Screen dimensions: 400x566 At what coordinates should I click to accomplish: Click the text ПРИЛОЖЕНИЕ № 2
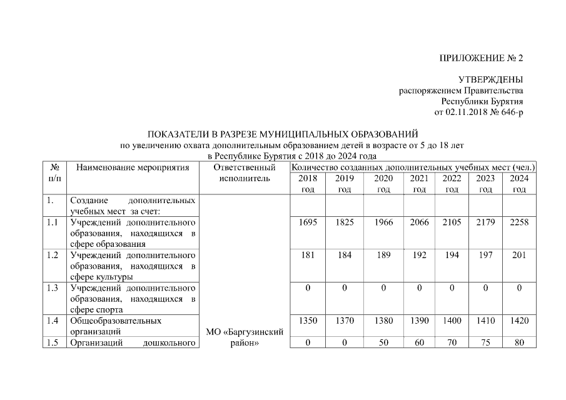482,58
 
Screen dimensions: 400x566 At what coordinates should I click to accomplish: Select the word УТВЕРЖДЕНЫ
490,79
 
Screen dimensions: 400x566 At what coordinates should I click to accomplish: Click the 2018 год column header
308,184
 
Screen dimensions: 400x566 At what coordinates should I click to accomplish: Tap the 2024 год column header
519,184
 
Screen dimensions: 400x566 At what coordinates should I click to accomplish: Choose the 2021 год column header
419,184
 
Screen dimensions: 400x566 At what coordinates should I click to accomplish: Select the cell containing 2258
519,222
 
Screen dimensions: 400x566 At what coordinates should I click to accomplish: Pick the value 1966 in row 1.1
383,222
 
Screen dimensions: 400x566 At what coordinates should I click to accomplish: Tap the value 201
519,256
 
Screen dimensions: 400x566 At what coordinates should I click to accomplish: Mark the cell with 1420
519,321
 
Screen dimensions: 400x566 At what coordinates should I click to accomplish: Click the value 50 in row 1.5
383,342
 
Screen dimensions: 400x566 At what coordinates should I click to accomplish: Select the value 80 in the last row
519,342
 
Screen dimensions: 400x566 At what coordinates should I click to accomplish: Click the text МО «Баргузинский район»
245,337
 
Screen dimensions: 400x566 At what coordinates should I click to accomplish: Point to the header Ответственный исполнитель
245,172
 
